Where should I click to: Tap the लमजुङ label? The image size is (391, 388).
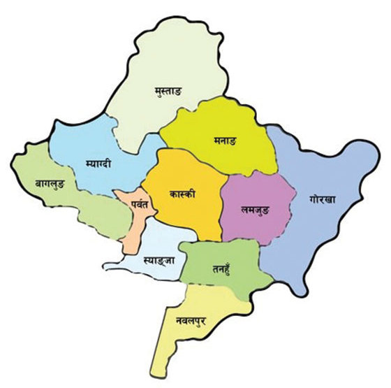(253, 209)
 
